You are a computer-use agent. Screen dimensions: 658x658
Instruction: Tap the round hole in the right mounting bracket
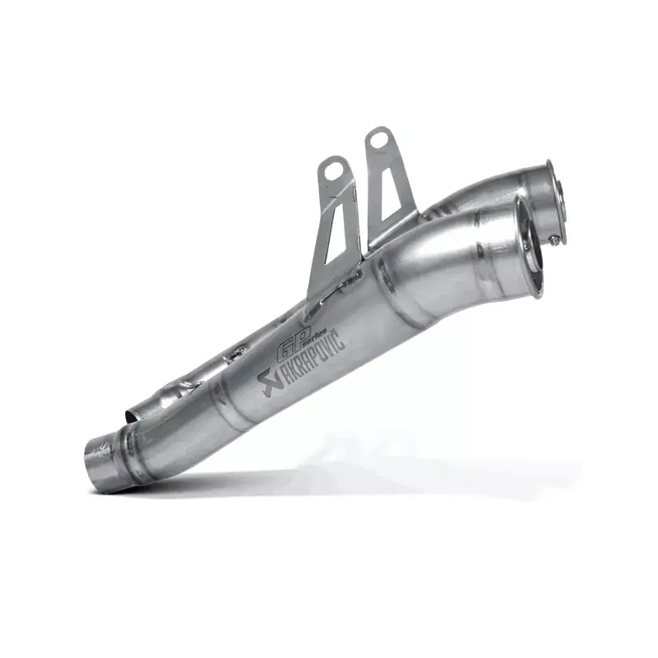[378, 140]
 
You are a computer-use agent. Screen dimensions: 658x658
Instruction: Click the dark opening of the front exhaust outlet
[526, 247]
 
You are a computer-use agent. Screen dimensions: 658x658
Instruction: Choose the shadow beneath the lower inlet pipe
[164, 490]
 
